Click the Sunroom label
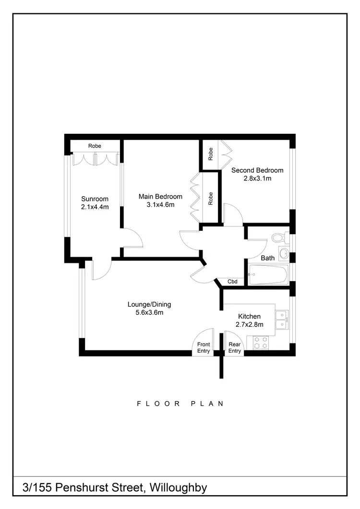tap(95, 199)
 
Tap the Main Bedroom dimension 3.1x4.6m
tap(160, 205)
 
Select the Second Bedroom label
tap(257, 170)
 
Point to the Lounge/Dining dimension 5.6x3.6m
tap(149, 313)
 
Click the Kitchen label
tap(250, 317)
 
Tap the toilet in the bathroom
tap(278, 237)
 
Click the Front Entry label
tap(204, 348)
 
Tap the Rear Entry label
tap(234, 348)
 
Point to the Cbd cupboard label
tap(233, 282)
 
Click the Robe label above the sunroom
tap(94, 146)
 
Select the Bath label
tap(267, 258)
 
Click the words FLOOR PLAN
tap(180, 403)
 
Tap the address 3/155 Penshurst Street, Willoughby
tap(115, 488)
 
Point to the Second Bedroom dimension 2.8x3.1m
tap(257, 178)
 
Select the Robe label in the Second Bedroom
tap(211, 154)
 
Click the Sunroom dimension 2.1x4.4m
tap(95, 207)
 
